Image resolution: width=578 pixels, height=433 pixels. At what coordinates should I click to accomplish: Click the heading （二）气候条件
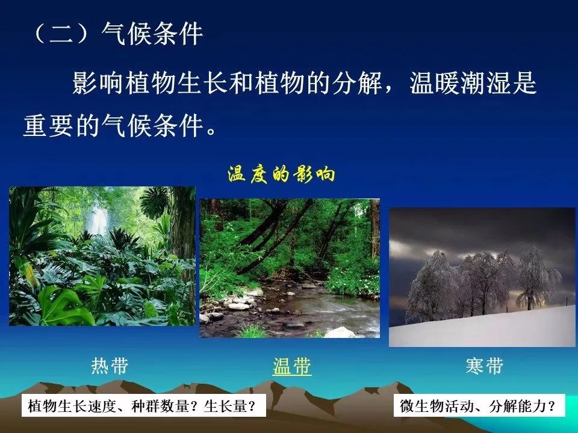(x=118, y=34)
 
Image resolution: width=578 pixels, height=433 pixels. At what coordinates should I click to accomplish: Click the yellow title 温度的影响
(x=281, y=174)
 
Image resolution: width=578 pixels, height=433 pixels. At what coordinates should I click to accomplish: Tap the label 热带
(x=110, y=366)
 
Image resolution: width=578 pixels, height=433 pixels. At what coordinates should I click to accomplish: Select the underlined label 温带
(x=292, y=366)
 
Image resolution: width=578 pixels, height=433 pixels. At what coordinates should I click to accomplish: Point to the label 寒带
(x=484, y=366)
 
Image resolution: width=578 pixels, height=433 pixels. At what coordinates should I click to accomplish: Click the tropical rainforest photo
(x=102, y=256)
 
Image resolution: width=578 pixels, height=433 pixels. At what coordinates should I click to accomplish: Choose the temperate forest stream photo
(x=290, y=268)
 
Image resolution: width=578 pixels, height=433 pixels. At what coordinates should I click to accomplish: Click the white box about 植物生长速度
(x=144, y=406)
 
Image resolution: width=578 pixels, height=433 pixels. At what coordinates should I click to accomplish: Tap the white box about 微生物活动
(x=479, y=406)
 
